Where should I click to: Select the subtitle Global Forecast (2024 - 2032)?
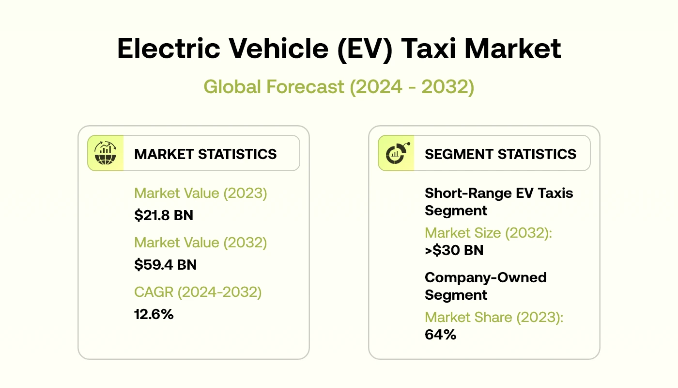click(x=339, y=87)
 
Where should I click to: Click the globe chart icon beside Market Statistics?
click(x=106, y=153)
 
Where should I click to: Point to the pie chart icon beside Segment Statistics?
click(x=396, y=153)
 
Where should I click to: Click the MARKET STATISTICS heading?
click(x=205, y=154)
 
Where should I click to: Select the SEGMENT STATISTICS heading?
click(x=500, y=154)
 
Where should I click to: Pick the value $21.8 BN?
click(x=163, y=215)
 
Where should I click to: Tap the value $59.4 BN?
click(x=165, y=265)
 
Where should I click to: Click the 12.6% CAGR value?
click(x=154, y=314)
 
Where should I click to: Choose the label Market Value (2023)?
click(x=200, y=193)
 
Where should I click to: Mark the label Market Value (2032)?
click(x=200, y=242)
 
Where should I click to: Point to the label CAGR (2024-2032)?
click(x=198, y=292)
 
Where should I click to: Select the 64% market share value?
click(x=440, y=335)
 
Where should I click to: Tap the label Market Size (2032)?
click(x=488, y=233)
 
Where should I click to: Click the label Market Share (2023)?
click(x=494, y=317)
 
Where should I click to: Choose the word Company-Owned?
click(x=485, y=277)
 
